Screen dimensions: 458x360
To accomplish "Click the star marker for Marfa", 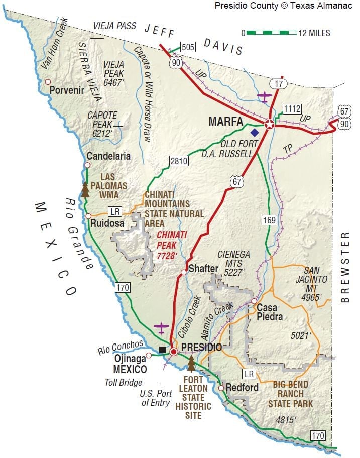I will tap(270, 125).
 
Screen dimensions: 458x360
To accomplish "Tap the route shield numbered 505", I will tap(187, 48).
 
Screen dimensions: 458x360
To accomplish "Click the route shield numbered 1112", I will tap(292, 109).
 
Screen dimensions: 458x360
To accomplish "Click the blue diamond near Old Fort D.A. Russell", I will tap(255, 133).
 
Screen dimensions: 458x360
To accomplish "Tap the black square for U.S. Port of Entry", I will tap(162, 350).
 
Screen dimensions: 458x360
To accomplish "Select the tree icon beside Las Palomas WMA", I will tap(85, 189).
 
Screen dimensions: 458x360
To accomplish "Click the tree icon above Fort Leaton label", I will tap(191, 363).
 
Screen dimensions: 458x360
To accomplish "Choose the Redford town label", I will tap(242, 388).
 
